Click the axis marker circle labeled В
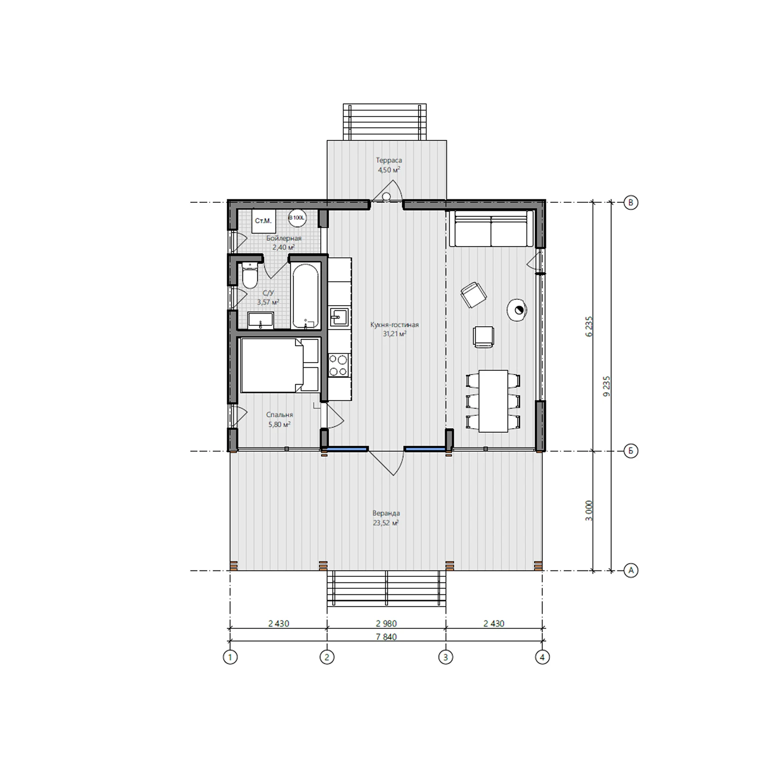pyautogui.click(x=631, y=202)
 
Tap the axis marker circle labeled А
pyautogui.click(x=631, y=570)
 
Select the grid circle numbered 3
pyautogui.click(x=445, y=657)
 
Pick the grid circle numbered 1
pyautogui.click(x=230, y=657)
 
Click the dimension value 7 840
pyautogui.click(x=386, y=637)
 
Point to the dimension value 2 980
pyautogui.click(x=386, y=624)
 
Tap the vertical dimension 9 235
pyautogui.click(x=607, y=386)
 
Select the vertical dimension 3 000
pyautogui.click(x=589, y=510)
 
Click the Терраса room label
pyautogui.click(x=389, y=160)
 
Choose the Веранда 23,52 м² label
pyautogui.click(x=386, y=518)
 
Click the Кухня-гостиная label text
pyautogui.click(x=395, y=325)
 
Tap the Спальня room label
pyautogui.click(x=279, y=415)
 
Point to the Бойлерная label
pyautogui.click(x=284, y=239)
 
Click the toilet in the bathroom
pyautogui.click(x=250, y=275)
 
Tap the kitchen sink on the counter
pyautogui.click(x=340, y=317)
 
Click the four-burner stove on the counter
pyautogui.click(x=339, y=365)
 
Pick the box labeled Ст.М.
pyautogui.click(x=263, y=221)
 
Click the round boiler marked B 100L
pyautogui.click(x=297, y=218)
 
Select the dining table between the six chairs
pyautogui.click(x=493, y=401)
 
